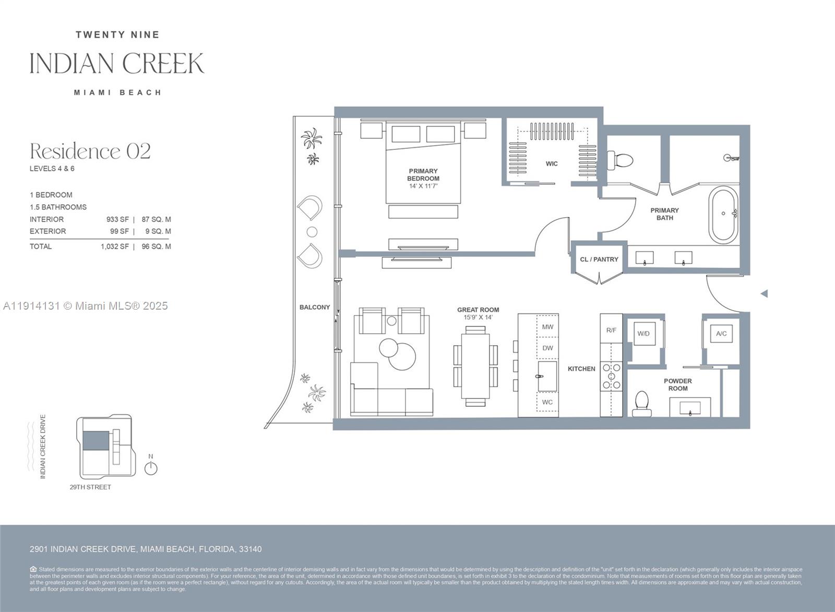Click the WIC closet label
click(552, 164)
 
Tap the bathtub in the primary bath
click(723, 214)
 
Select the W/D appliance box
click(643, 334)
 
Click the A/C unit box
click(721, 334)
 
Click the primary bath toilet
click(620, 159)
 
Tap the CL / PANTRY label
click(599, 260)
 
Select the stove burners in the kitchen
click(611, 376)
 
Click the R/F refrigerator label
click(611, 330)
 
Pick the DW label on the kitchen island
click(547, 348)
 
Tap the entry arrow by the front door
click(764, 293)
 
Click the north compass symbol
click(151, 468)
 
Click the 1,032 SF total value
click(114, 246)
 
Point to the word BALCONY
click(314, 307)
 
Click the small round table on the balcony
click(312, 232)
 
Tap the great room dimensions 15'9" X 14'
click(478, 317)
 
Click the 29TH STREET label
click(90, 487)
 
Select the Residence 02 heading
click(90, 151)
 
